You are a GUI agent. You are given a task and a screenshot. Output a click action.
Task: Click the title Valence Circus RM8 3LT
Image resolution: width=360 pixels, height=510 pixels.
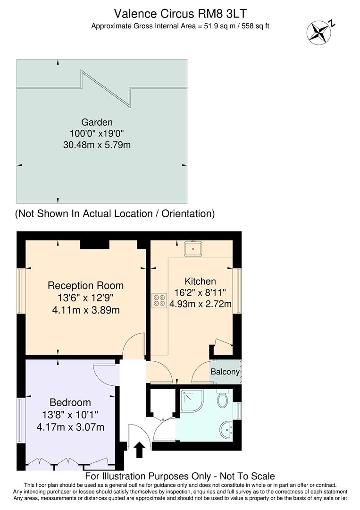pyautogui.click(x=180, y=13)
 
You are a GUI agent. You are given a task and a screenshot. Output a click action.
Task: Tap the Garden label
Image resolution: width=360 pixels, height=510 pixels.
pyautogui.click(x=96, y=123)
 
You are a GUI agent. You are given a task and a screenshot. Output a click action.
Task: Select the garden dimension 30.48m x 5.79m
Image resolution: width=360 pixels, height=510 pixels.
pyautogui.click(x=97, y=144)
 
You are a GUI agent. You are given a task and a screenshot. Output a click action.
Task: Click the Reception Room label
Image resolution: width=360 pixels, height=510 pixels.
pyautogui.click(x=85, y=286)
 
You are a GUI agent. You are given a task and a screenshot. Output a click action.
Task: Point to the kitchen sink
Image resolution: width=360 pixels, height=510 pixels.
pyautogui.click(x=193, y=248)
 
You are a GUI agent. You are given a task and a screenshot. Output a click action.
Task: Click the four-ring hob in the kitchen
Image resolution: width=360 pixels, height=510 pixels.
pyautogui.click(x=159, y=301)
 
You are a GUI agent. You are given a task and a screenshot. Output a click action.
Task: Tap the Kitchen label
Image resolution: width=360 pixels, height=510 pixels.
pyautogui.click(x=200, y=281)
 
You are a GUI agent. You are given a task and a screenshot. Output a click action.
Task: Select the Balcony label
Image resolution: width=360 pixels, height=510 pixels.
pyautogui.click(x=225, y=372)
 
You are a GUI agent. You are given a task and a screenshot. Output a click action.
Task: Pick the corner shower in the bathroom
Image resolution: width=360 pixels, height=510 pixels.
pyautogui.click(x=192, y=400)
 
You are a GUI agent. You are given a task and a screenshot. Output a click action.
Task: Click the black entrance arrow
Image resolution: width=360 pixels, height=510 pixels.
pyautogui.click(x=140, y=450)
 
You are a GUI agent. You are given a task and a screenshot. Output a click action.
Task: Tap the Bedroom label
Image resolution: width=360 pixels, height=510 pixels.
pyautogui.click(x=70, y=403)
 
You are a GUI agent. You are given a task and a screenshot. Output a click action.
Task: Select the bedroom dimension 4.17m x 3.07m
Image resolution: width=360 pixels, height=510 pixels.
pyautogui.click(x=71, y=427)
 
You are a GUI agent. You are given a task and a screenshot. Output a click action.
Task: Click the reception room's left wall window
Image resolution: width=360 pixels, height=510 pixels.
pyautogui.click(x=21, y=291)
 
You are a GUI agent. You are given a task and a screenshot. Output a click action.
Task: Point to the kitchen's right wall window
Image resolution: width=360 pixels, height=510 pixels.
pyautogui.click(x=238, y=291)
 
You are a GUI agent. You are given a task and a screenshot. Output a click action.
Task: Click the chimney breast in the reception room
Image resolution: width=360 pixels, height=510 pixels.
pyautogui.click(x=94, y=244)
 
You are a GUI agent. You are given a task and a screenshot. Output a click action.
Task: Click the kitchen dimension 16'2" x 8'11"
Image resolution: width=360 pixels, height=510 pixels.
pyautogui.click(x=200, y=293)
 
